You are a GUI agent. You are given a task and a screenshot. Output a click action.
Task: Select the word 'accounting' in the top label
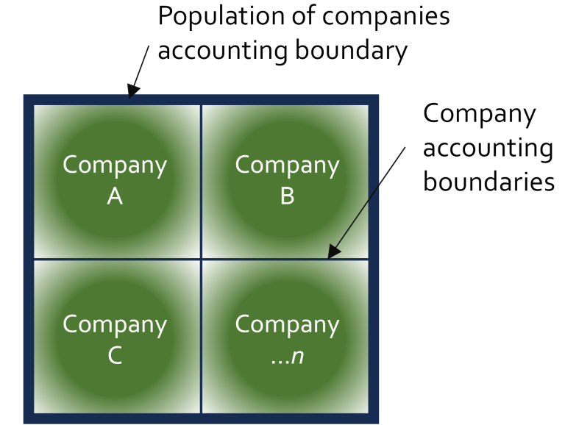[223, 51]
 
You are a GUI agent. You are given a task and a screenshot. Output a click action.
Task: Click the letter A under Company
[115, 196]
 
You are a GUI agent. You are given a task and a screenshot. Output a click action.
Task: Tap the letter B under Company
[287, 196]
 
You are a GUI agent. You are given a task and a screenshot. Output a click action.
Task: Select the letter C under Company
[115, 356]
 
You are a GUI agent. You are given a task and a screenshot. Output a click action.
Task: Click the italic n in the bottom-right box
[297, 357]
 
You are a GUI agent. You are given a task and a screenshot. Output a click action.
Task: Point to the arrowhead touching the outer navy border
[133, 91]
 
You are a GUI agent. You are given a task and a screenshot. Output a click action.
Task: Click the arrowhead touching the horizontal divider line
[334, 251]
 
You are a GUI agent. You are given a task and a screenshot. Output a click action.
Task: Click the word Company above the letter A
[115, 166]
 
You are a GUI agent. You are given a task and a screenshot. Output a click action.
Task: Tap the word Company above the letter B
[287, 166]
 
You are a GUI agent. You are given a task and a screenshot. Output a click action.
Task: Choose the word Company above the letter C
[115, 326]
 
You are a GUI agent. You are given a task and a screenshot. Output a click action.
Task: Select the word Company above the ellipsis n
[287, 326]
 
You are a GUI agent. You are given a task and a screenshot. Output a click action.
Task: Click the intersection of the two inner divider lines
[201, 259]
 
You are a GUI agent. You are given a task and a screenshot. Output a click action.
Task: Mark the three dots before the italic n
[280, 362]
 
